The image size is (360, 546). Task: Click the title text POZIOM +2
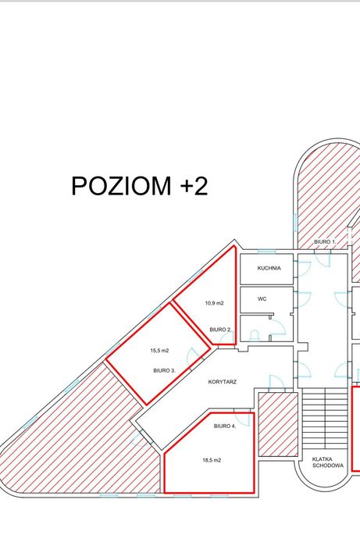[x=139, y=187]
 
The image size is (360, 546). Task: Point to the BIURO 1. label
[x=325, y=242]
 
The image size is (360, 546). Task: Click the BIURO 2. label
[x=219, y=330]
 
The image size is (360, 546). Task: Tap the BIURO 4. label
[x=224, y=426]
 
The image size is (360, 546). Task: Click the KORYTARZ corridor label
[x=223, y=382]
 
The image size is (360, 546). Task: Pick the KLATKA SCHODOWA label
[x=323, y=462]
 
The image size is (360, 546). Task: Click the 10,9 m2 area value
[x=214, y=303]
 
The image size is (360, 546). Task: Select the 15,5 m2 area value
[x=159, y=351]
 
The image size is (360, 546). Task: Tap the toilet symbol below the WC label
[x=255, y=334]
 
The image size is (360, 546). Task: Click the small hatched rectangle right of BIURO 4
[x=278, y=424]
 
